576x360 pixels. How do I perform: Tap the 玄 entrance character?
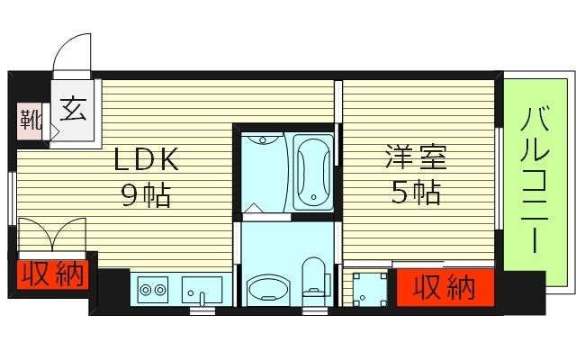point(74,111)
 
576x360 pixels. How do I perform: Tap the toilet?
point(314,279)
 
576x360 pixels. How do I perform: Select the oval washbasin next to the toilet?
point(267,290)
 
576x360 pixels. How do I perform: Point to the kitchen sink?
point(202,290)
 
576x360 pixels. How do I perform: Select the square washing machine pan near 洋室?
point(368,287)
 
